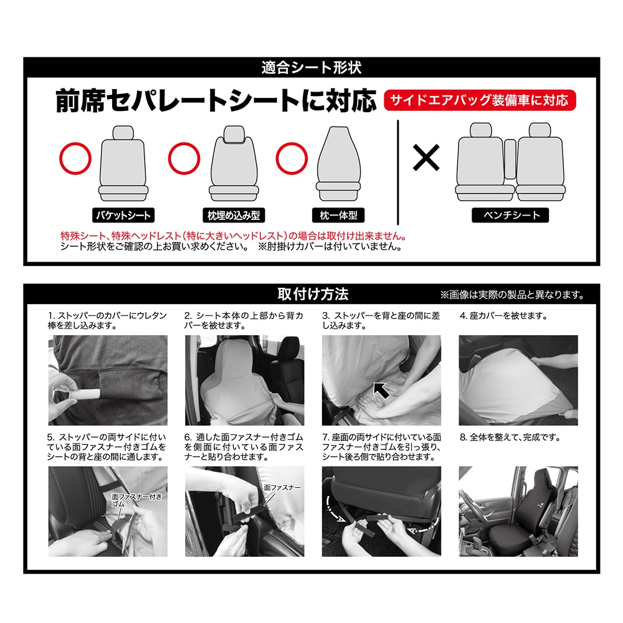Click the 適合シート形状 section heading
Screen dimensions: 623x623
click(x=311, y=67)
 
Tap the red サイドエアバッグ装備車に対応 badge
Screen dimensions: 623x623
click(x=480, y=100)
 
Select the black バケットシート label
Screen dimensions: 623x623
click(x=123, y=216)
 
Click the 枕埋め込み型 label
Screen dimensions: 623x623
click(x=234, y=216)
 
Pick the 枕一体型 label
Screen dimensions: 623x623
click(x=338, y=216)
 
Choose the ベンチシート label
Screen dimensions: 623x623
click(x=511, y=216)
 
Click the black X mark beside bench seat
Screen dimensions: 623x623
click(x=426, y=158)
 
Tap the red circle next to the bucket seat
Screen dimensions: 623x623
click(x=75, y=158)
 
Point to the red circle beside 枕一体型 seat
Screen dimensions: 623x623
click(x=292, y=158)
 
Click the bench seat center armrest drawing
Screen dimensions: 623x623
click(x=510, y=159)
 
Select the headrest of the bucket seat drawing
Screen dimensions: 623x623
click(x=123, y=132)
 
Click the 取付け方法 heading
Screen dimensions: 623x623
click(x=313, y=294)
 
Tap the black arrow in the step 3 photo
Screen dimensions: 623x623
click(x=381, y=390)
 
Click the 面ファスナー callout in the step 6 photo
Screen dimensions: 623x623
click(x=282, y=488)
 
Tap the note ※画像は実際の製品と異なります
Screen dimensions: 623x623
click(x=512, y=295)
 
